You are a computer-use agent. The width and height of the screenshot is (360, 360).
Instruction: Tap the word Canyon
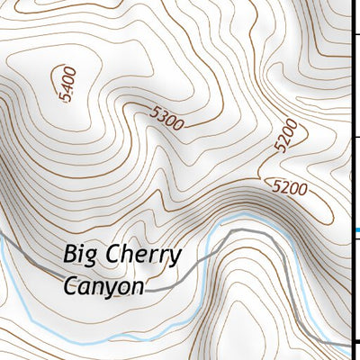(x=103, y=287)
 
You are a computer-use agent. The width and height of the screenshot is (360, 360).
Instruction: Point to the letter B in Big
(x=71, y=254)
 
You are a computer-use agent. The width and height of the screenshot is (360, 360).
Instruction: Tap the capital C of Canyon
(x=71, y=285)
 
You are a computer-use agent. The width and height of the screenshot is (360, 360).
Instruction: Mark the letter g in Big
(x=92, y=258)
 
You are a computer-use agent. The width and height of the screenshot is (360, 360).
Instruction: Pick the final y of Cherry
(x=175, y=258)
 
